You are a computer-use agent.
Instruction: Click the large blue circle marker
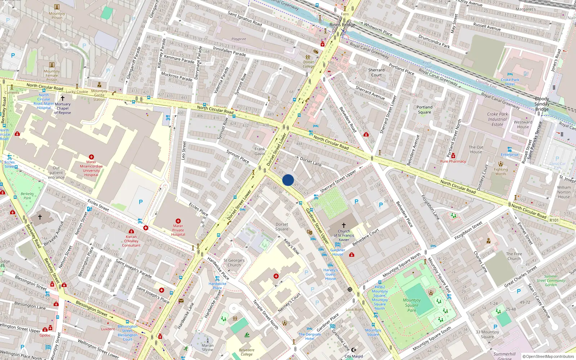pyautogui.click(x=288, y=180)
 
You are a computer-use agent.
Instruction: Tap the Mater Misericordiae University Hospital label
pyautogui.click(x=91, y=168)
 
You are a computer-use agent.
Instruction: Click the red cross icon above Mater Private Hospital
pyautogui.click(x=178, y=221)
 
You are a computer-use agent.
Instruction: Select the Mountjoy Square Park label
pyautogui.click(x=412, y=305)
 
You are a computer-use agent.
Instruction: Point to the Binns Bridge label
pyautogui.click(x=342, y=25)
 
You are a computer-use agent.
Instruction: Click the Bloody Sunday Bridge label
pyautogui.click(x=542, y=104)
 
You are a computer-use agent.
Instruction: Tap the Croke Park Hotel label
pyautogui.click(x=510, y=82)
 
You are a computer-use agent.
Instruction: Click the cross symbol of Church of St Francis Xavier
pyautogui.click(x=343, y=225)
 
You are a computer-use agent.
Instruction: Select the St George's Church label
pyautogui.click(x=234, y=262)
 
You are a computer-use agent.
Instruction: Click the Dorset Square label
pyautogui.click(x=282, y=226)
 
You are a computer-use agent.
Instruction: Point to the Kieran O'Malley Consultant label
pyautogui.click(x=131, y=241)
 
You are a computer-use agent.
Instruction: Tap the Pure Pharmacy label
pyautogui.click(x=453, y=161)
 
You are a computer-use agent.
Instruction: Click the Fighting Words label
pyautogui.click(x=501, y=171)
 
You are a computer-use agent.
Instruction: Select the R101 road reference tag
pyautogui.click(x=554, y=220)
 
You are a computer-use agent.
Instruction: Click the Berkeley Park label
pyautogui.click(x=27, y=196)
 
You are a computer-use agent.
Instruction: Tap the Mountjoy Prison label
pyautogui.click(x=57, y=15)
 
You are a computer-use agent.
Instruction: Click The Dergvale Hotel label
pyautogui.click(x=310, y=336)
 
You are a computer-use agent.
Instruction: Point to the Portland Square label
pyautogui.click(x=424, y=109)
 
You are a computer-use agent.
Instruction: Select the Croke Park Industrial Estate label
pyautogui.click(x=498, y=119)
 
